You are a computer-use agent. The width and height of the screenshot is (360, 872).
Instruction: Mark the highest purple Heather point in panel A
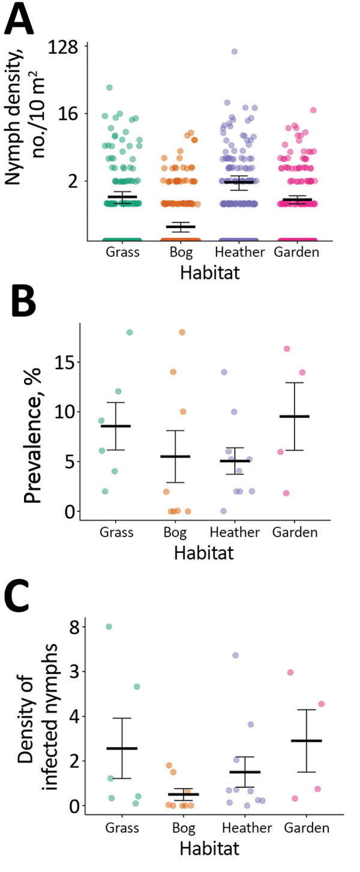235,52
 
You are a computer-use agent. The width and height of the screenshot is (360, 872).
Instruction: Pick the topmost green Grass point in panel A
110,88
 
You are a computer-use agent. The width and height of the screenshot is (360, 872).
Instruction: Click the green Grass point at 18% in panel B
130,332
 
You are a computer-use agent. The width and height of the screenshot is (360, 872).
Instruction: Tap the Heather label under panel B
235,532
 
